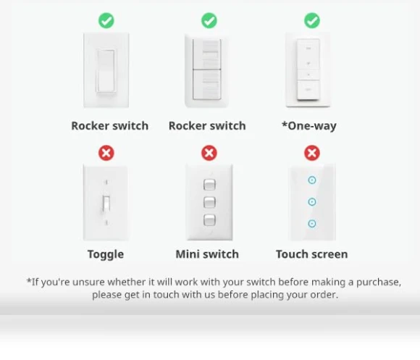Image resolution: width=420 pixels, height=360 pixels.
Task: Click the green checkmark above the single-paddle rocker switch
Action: click(x=106, y=20)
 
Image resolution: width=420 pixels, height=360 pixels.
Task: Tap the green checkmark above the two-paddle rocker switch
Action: click(x=209, y=20)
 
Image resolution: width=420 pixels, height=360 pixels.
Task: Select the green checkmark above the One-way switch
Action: click(x=312, y=20)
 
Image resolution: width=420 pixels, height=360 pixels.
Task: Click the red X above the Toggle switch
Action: click(x=106, y=153)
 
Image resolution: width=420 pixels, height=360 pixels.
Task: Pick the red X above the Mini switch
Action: click(x=209, y=153)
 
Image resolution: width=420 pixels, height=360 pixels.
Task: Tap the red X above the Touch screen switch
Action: click(x=312, y=153)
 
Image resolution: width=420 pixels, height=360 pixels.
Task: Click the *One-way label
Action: click(x=308, y=126)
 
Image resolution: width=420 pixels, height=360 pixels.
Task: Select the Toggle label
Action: click(x=106, y=254)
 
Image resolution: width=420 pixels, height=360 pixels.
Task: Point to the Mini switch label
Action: click(x=207, y=254)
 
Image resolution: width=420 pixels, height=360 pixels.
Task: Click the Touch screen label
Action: click(x=312, y=254)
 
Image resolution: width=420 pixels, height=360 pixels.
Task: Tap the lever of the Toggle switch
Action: click(x=106, y=204)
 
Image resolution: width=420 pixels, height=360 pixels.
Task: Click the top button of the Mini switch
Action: click(x=209, y=185)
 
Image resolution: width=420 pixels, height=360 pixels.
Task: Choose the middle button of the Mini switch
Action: click(x=209, y=202)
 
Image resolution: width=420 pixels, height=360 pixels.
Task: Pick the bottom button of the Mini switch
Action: click(x=209, y=220)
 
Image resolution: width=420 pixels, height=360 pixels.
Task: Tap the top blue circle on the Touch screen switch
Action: click(x=312, y=180)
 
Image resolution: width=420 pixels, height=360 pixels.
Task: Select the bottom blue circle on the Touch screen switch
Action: click(x=312, y=223)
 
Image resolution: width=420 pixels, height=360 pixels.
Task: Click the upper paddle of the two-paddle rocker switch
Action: click(x=207, y=54)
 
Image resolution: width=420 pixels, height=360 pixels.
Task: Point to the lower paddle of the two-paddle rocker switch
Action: click(x=207, y=85)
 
